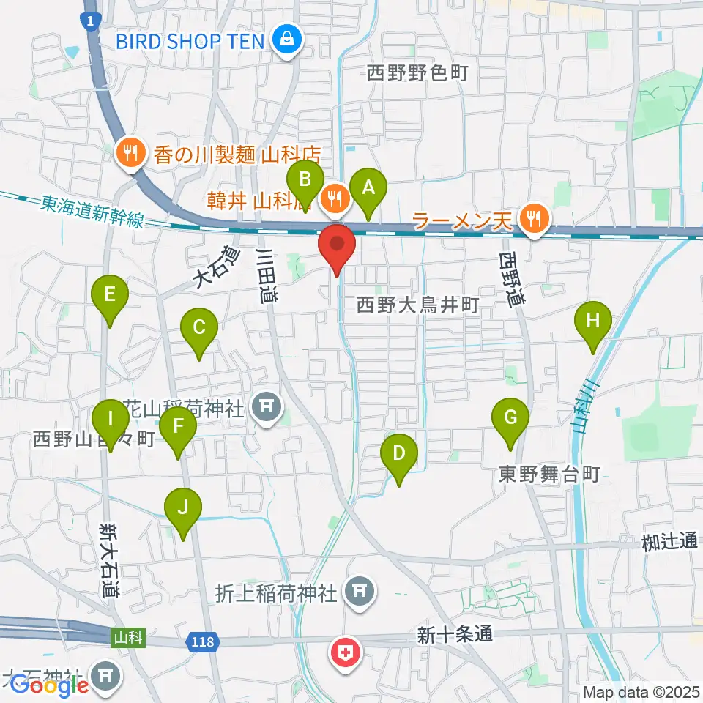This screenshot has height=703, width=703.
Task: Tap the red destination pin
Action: tap(337, 248)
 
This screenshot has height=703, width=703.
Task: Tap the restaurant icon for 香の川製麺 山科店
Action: tap(131, 153)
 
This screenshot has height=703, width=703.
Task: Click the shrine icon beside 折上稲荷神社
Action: tap(360, 588)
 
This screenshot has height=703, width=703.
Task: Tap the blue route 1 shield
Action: tap(90, 22)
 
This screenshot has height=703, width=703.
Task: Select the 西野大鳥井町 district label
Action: tap(417, 305)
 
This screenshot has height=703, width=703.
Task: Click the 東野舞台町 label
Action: tap(549, 475)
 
